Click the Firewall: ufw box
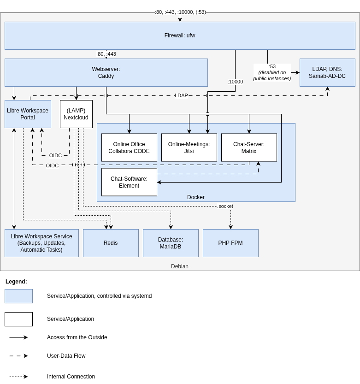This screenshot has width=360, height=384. pos(180,35)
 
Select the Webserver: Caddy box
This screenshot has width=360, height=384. pos(106,72)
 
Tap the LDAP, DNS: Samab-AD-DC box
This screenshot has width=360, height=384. pos(327,72)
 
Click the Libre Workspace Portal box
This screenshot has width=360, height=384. pos(28,114)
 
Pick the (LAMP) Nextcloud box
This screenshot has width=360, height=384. pos(76,114)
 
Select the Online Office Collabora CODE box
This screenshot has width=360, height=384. pos(129,148)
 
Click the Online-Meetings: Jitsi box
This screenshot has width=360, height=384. pos(189,148)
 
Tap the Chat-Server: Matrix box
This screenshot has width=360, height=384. pos(249,148)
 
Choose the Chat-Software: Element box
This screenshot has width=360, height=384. pos(129,182)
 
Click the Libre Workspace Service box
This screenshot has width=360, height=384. pos(41,243)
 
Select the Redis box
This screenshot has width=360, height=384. pos(111,243)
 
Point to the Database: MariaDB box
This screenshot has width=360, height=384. pos(171,243)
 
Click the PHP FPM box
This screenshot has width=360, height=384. pos(230,243)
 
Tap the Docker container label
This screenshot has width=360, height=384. pos(196,197)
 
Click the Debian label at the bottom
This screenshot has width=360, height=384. pos(180,266)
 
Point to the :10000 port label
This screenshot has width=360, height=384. pos(235,82)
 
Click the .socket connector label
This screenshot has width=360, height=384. pos(225,206)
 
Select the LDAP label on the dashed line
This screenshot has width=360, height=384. pos(181,95)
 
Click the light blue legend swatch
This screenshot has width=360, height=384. pos(18,296)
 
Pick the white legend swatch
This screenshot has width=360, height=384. pos(18,319)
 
